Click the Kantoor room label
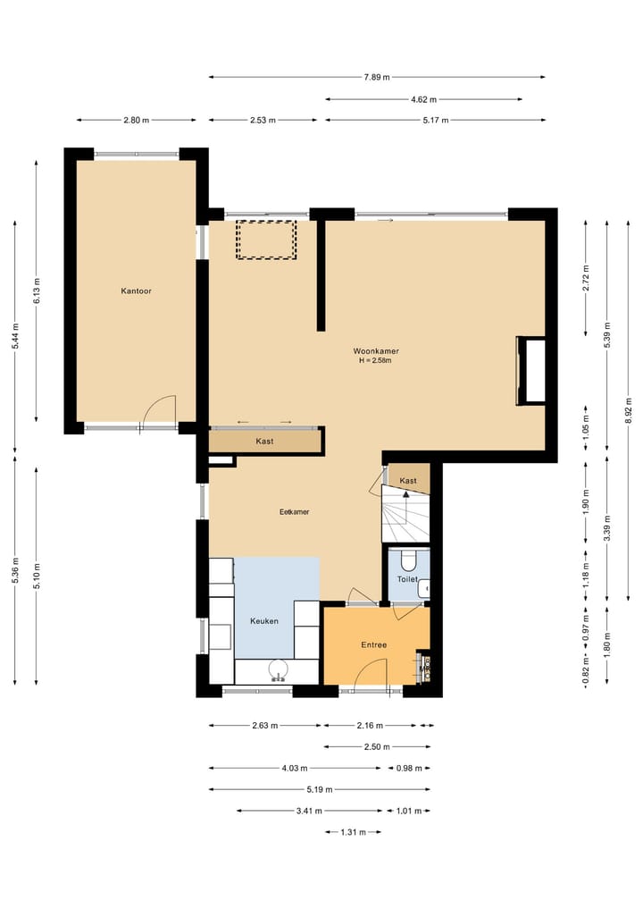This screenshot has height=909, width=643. coord(136,291)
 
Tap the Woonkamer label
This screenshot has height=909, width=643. coord(376,350)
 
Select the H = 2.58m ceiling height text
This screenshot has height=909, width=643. coord(375,360)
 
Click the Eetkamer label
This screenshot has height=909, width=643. coord(295,512)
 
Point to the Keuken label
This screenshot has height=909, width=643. coord(264,621)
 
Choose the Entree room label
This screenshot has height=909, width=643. coord(373,644)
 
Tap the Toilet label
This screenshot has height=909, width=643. coord(407,579)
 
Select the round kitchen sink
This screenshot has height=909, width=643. coord(279,670)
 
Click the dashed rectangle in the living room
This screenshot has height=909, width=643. coord(266,240)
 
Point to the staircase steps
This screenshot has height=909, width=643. coord(405,514)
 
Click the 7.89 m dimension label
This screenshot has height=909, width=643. coord(377,77)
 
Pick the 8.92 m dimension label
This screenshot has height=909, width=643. coord(629,411)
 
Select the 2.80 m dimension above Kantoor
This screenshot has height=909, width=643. coord(136,121)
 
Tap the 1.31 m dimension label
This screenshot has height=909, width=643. coord(354,832)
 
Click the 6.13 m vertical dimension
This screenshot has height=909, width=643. coord(37,291)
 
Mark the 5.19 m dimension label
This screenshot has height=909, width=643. coord(320,789)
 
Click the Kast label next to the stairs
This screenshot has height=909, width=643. coord(408,481)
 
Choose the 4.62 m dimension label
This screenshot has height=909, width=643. coord(423,100)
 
